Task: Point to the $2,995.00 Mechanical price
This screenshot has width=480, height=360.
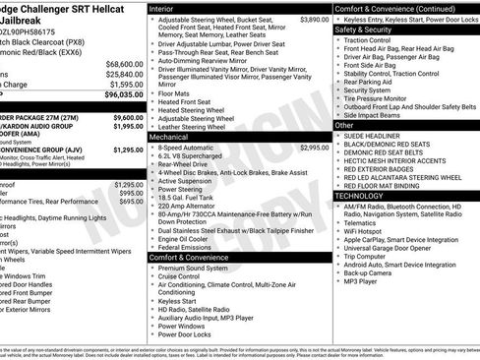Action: coord(314,147)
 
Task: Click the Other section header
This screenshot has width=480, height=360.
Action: coord(344,125)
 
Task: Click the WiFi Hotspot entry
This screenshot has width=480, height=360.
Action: coord(371,232)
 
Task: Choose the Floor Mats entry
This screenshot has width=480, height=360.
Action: coord(176,93)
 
